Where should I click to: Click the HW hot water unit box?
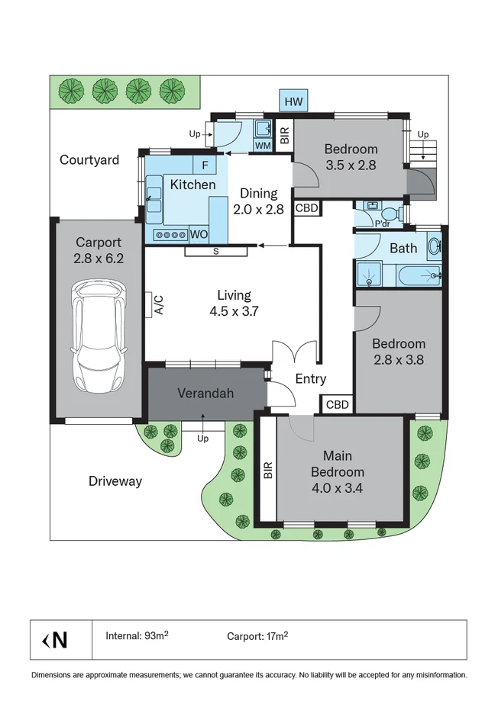(x=293, y=101)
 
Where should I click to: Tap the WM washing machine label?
(x=263, y=146)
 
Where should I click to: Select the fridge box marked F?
(x=205, y=166)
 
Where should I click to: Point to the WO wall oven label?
(x=199, y=234)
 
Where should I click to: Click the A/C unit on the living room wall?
(x=152, y=305)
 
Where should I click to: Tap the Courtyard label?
(x=89, y=160)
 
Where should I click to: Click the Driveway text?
(x=115, y=481)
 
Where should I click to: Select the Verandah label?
(x=205, y=394)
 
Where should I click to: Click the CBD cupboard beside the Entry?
(x=337, y=404)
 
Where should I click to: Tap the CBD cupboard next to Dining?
(x=307, y=208)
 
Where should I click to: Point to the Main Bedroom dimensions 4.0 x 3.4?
(x=337, y=488)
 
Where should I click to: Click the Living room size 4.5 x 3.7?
(x=234, y=311)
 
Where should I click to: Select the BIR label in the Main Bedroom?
(x=268, y=470)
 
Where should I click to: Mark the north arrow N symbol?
(x=55, y=640)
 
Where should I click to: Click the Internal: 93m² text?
(x=137, y=636)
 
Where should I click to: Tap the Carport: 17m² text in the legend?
(x=257, y=636)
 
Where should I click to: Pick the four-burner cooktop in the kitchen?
(x=170, y=234)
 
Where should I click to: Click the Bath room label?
(x=403, y=249)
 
